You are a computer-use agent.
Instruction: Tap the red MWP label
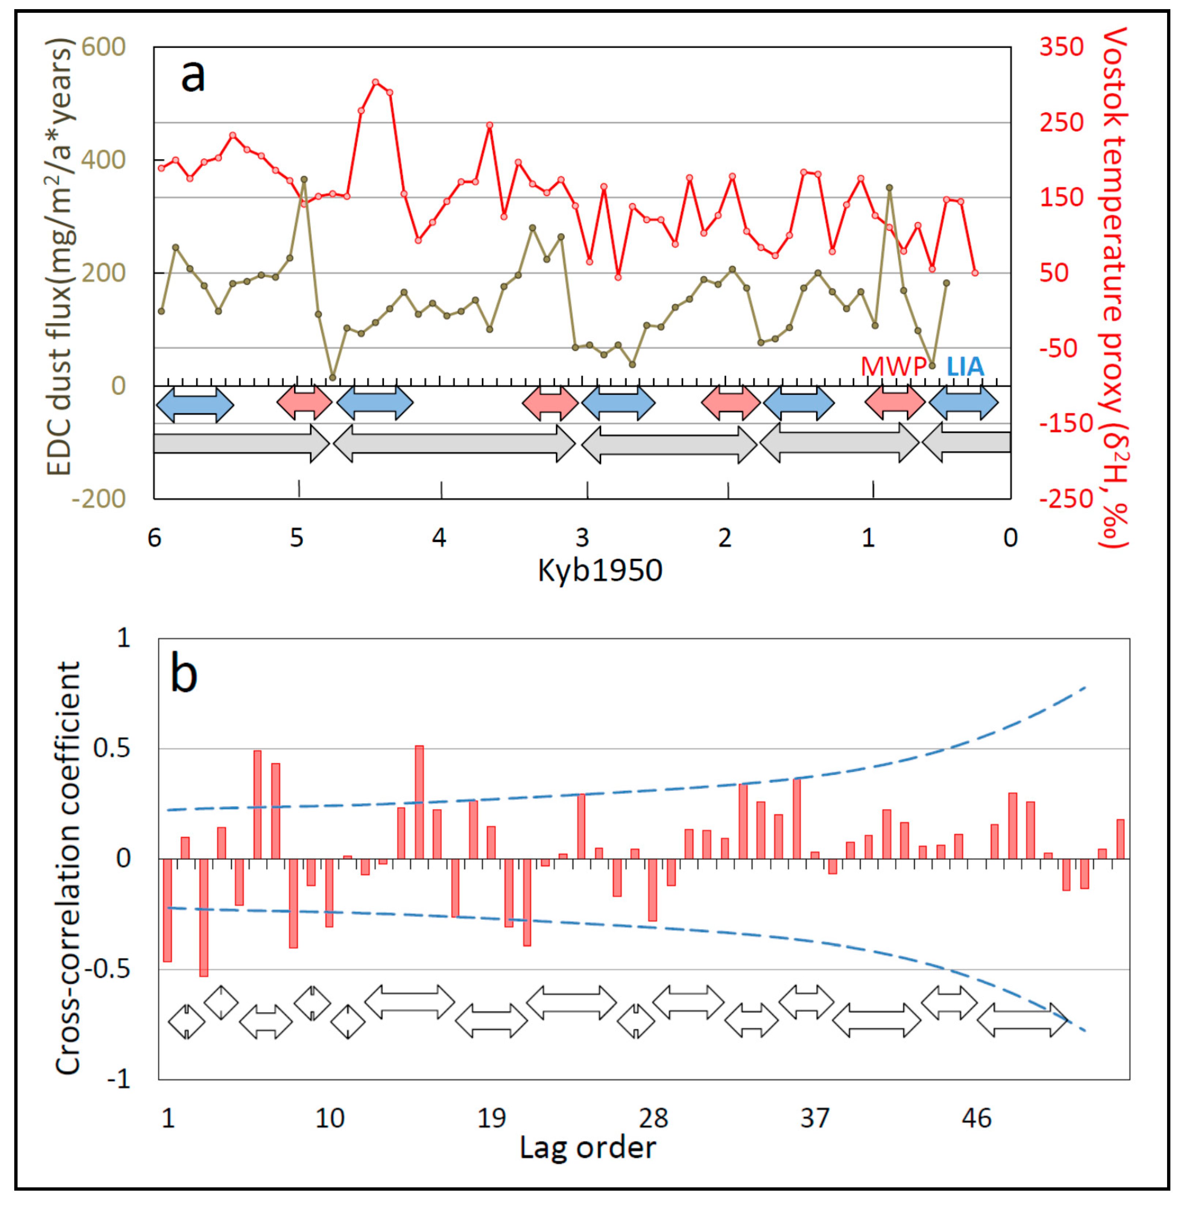point(892,366)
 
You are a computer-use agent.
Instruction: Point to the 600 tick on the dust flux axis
point(103,47)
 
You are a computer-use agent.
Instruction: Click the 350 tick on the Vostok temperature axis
point(1061,47)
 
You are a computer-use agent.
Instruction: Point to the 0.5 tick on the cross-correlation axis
point(112,748)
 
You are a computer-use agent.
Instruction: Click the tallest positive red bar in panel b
point(419,802)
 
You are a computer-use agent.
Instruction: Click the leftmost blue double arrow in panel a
point(195,405)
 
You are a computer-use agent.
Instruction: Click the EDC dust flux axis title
point(60,256)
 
